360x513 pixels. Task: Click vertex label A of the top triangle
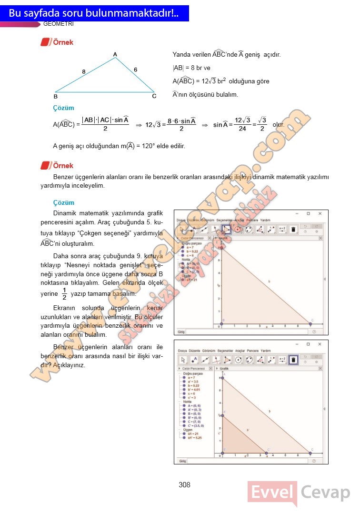[x=115, y=54]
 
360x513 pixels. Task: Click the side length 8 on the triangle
[x=83, y=72]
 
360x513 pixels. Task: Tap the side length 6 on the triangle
[x=135, y=70]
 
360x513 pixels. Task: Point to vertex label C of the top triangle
[x=154, y=96]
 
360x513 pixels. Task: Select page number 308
[x=184, y=485]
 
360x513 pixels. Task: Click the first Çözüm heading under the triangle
[x=63, y=108]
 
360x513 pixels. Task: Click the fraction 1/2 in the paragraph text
[x=64, y=294]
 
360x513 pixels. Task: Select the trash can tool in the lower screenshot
[x=294, y=360]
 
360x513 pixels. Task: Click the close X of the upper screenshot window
[x=320, y=213]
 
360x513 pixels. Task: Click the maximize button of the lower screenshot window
[x=308, y=343]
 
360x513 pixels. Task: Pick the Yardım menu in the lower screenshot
[x=266, y=351]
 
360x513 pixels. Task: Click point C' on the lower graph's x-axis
[x=267, y=453]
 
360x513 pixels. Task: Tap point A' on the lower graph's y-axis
[x=222, y=415]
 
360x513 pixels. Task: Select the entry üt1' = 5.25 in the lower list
[x=195, y=438]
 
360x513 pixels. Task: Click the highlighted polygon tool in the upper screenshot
[x=227, y=229]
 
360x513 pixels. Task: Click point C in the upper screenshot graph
[x=310, y=324]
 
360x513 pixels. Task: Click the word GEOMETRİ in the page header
[x=58, y=24]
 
